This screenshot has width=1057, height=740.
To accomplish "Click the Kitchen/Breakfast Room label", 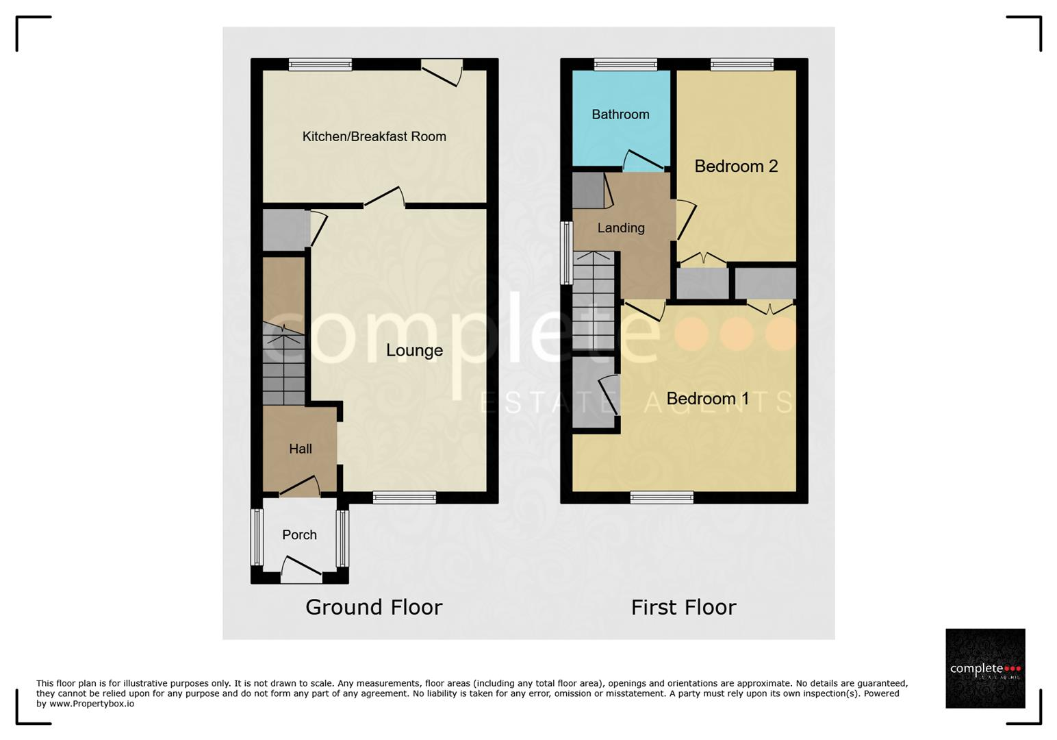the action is tap(374, 136).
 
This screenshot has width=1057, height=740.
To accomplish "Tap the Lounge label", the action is tap(414, 350).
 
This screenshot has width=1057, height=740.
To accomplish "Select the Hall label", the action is tap(301, 449).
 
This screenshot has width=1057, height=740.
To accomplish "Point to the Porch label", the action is tap(299, 534).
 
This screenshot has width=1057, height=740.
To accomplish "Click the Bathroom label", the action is tap(620, 114).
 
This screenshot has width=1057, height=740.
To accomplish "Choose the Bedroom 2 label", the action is tap(736, 166).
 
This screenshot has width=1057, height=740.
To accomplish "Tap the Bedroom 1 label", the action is tap(708, 399).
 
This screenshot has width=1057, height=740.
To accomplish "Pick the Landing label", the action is tap(621, 228).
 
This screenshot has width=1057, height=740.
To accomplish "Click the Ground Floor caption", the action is tap(374, 607).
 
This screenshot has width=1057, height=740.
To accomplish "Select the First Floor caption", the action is tap(684, 607).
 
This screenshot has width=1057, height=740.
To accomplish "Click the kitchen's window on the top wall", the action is tap(320, 64).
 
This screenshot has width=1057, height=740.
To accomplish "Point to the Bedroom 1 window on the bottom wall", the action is tap(662, 497).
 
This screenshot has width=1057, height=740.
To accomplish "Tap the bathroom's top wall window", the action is tap(626, 64).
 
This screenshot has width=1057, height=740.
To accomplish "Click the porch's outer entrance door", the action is tap(301, 569).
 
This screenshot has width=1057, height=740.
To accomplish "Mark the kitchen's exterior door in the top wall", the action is tap(442, 72).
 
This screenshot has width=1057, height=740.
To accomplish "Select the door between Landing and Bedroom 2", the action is tap(686, 219).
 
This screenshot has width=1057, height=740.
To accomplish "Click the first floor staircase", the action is tap(594, 301).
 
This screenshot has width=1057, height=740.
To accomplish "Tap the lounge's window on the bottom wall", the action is tap(405, 497).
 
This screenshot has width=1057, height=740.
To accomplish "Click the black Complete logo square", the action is tap(985, 668).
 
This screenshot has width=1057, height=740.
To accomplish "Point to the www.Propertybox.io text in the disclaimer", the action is tap(92, 704).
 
